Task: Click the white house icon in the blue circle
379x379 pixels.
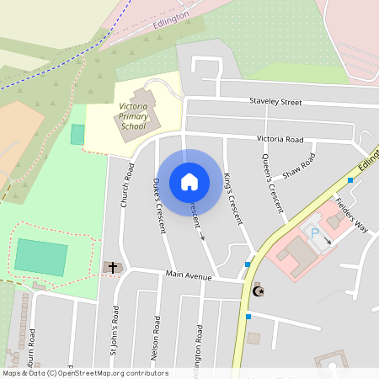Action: point(189,182)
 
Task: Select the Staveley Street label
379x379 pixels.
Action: point(275,102)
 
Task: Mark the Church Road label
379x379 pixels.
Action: point(127,185)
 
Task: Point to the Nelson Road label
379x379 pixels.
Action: point(157,337)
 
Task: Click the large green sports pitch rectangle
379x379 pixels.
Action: point(40,258)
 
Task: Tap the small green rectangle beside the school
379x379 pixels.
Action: point(77,134)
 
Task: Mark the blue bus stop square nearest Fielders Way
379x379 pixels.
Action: point(350,180)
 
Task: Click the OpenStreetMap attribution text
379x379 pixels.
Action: point(84,373)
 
